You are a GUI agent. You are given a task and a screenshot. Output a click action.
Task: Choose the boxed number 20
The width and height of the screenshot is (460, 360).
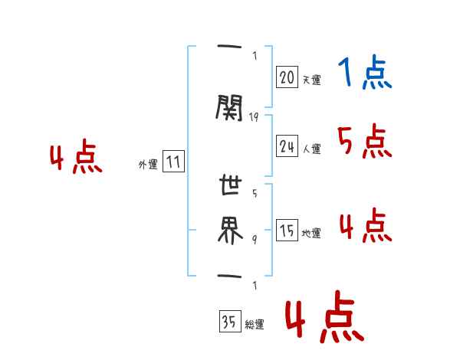tap(287, 77)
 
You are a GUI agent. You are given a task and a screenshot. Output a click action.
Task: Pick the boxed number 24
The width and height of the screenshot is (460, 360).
tap(287, 146)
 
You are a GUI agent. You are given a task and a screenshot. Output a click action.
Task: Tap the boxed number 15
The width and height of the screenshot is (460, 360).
tap(287, 231)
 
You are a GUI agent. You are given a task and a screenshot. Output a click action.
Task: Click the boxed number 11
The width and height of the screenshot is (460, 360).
tap(173, 162)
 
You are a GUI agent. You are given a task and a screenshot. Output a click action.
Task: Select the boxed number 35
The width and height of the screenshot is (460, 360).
tap(228, 322)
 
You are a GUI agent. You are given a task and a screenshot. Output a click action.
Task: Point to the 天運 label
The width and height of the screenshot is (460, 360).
tap(311, 80)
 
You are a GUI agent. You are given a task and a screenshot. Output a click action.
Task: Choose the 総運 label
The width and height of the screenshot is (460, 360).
tap(255, 325)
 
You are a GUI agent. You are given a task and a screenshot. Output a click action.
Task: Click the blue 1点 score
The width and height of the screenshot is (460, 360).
tap(364, 74)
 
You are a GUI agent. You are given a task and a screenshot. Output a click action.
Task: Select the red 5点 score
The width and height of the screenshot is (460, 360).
tap(364, 142)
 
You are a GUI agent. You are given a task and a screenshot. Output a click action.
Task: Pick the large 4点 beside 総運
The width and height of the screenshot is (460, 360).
tap(322, 319)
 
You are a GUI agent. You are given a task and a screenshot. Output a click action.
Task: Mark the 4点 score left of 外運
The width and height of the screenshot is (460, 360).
tap(75, 159)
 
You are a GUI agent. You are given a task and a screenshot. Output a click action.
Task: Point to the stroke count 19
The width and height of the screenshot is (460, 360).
tap(255, 116)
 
